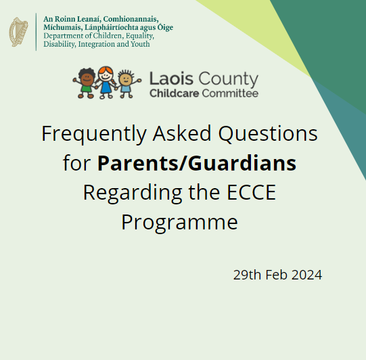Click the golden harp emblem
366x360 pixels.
pos(19,32)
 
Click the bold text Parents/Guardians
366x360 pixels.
pos(196,163)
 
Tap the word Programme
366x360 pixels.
pos(179,221)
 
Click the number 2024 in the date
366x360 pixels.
pos(304,275)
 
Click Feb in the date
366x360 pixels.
pos(275,275)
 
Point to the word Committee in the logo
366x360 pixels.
pos(227,93)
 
